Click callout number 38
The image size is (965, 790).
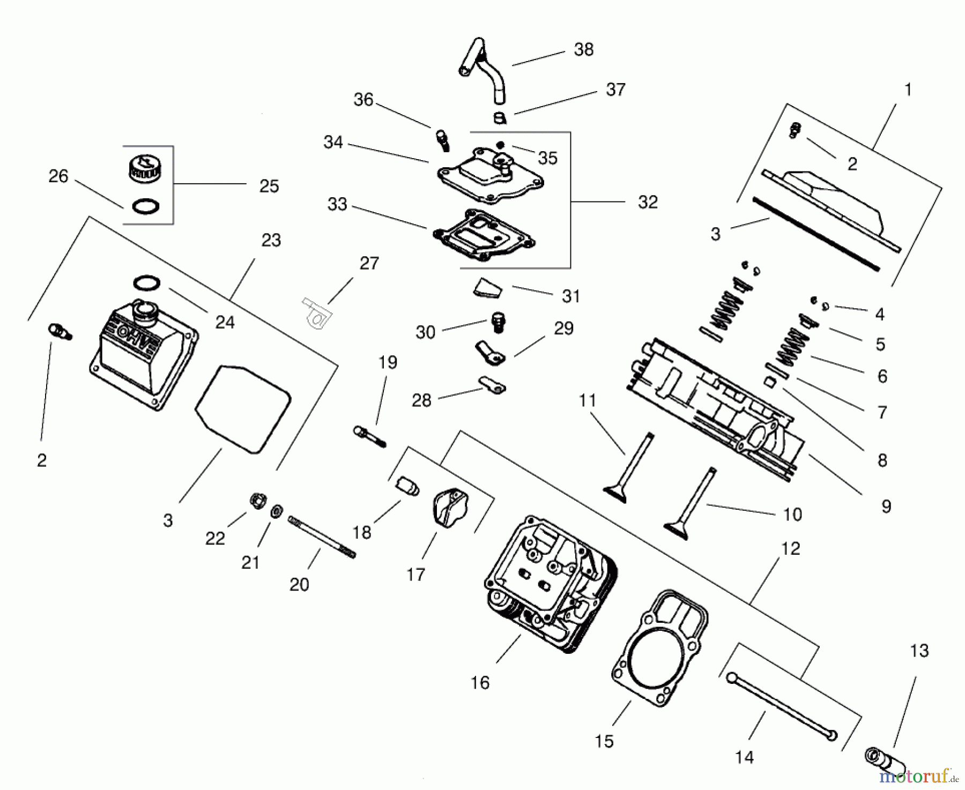point(583,49)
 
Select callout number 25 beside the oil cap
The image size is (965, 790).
point(269,186)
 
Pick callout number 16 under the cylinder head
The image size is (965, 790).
point(480,682)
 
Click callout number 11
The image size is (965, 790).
point(588,400)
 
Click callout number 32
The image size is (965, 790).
point(648,202)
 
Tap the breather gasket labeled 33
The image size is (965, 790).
point(482,236)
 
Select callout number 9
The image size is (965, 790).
point(886,506)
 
